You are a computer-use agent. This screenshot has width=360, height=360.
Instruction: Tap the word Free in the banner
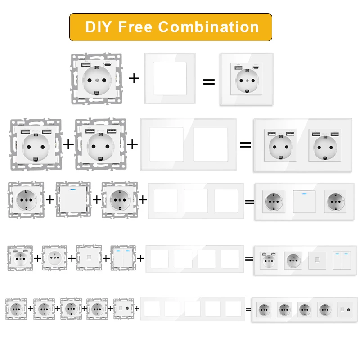[x=135, y=27]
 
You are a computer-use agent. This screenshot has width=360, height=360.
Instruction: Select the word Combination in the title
[x=208, y=27]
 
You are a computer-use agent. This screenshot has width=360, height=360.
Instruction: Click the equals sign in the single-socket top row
[x=208, y=82]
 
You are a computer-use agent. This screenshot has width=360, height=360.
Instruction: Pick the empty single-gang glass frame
[x=170, y=79]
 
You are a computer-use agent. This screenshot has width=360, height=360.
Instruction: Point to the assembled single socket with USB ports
[x=246, y=80]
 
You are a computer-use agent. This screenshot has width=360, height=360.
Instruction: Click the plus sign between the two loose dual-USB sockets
[x=68, y=144]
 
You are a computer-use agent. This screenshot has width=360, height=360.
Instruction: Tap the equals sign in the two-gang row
[x=245, y=144]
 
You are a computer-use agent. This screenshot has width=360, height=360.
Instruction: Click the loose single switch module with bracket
[x=73, y=199]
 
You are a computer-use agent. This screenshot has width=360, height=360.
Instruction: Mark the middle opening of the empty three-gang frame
[x=196, y=201]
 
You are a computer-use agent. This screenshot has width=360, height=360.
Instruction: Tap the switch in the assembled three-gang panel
[x=304, y=201]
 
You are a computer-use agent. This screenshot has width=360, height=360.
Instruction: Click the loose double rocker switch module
[x=123, y=258]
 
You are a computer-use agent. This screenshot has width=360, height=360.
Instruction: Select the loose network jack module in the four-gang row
[x=89, y=258]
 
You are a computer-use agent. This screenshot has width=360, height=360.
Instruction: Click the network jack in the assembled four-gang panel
[x=317, y=260]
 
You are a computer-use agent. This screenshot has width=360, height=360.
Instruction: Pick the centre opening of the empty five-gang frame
[x=192, y=308]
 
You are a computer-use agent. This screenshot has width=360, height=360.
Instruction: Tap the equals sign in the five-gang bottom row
[x=248, y=309]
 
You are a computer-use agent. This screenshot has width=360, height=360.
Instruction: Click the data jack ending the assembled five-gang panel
[x=347, y=310]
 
